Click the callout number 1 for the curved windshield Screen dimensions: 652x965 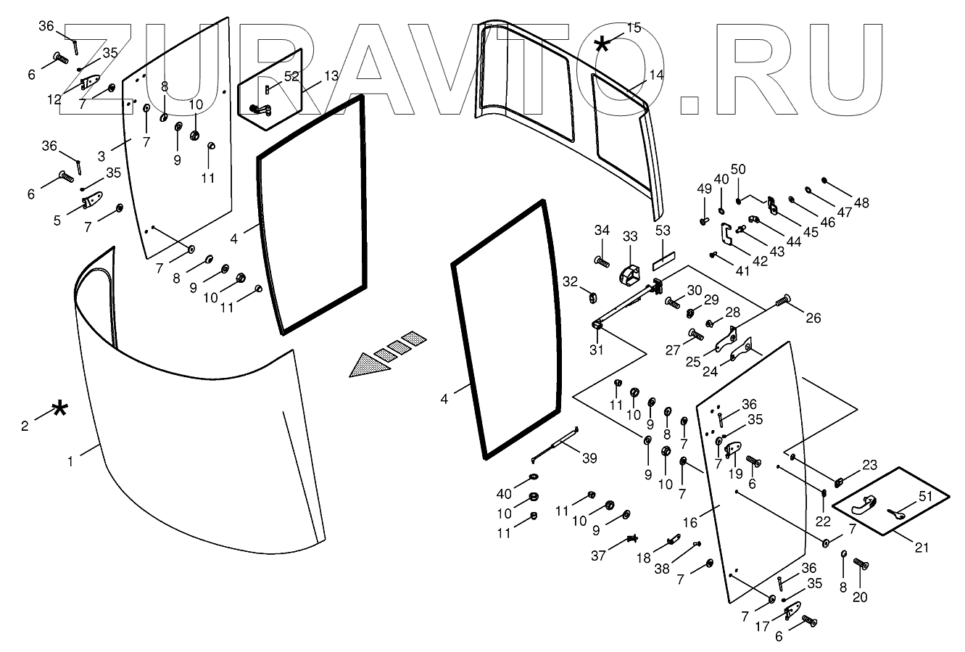pyautogui.click(x=71, y=461)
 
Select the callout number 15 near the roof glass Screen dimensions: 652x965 pyautogui.click(x=633, y=28)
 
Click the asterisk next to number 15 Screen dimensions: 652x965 pyautogui.click(x=602, y=45)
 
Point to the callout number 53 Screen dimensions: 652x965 pyautogui.click(x=663, y=231)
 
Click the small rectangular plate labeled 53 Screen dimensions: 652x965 pyautogui.click(x=664, y=255)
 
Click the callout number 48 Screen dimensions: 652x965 pyautogui.click(x=861, y=203)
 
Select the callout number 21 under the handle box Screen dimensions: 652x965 pyautogui.click(x=921, y=547)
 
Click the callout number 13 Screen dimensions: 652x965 pyautogui.click(x=331, y=75)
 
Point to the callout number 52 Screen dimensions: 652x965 pyautogui.click(x=291, y=75)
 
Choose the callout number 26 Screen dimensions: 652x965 pyautogui.click(x=813, y=317)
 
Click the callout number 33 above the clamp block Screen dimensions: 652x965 pyautogui.click(x=629, y=236)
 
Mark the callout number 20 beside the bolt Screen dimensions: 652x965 pyautogui.click(x=861, y=598)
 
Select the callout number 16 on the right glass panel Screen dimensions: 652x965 pyautogui.click(x=690, y=521)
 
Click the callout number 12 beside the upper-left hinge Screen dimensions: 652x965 pyautogui.click(x=55, y=99)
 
